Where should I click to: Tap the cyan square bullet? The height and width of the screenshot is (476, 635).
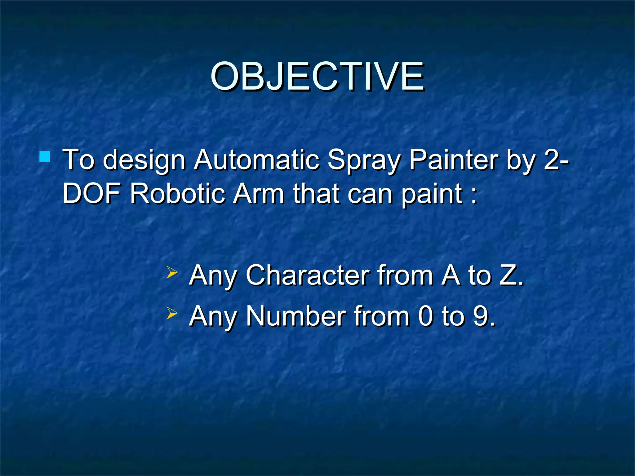click(45, 156)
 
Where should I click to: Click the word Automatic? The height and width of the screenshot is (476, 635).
click(257, 160)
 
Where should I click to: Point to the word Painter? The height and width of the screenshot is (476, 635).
click(454, 160)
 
